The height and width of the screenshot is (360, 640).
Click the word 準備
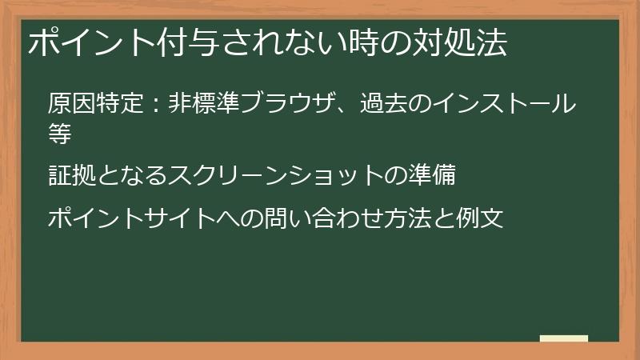coord(431,175)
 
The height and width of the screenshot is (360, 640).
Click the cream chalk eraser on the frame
coord(564,338)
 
